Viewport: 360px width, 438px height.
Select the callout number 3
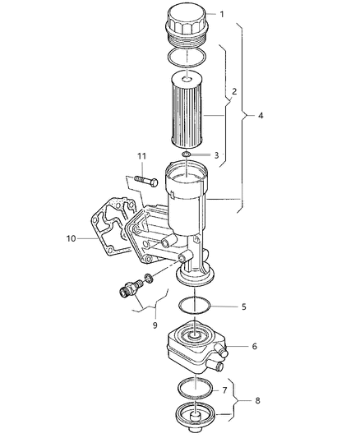click(x=216, y=154)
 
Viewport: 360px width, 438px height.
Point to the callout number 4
click(x=261, y=117)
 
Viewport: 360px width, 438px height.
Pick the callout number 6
click(x=254, y=347)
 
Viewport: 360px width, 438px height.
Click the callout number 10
click(x=72, y=239)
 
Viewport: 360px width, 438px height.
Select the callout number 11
click(x=141, y=156)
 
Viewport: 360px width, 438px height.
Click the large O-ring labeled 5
click(x=196, y=307)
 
